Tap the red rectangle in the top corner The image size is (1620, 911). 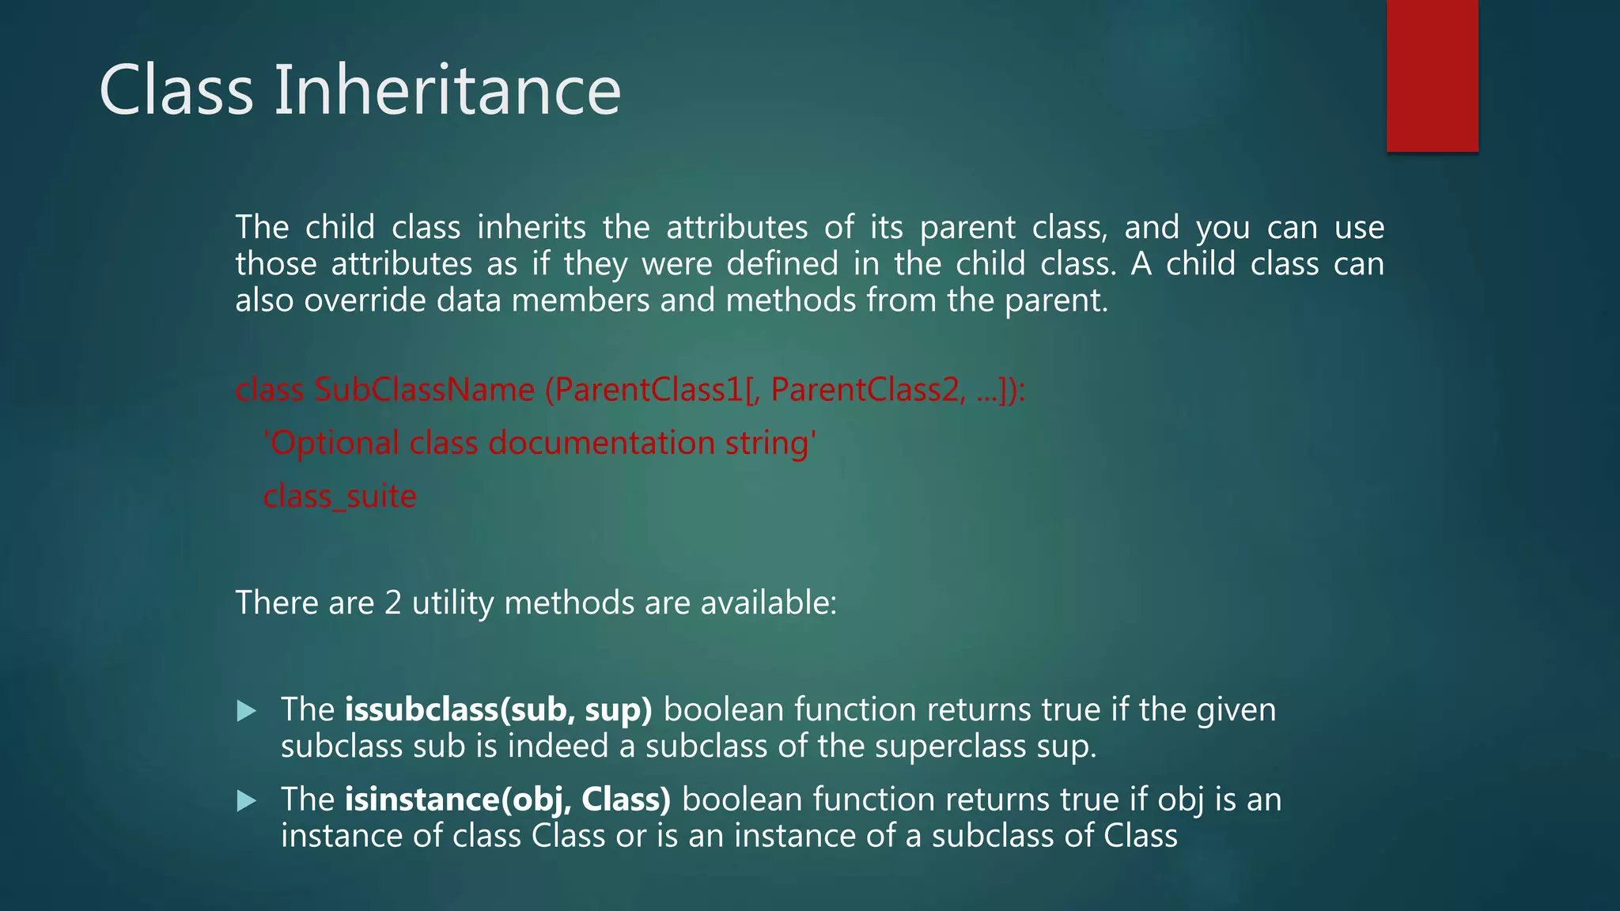point(1432,76)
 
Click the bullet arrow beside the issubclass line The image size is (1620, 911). point(247,710)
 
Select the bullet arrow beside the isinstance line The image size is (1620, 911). point(247,800)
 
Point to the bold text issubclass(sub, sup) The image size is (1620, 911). point(498,710)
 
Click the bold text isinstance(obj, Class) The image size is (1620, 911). point(507,799)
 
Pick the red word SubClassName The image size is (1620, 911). point(425,390)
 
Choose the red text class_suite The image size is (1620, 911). point(339,497)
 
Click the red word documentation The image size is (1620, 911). point(601,443)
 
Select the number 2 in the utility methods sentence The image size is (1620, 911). point(393,603)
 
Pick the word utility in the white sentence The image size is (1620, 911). point(452,603)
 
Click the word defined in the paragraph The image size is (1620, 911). point(782,264)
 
